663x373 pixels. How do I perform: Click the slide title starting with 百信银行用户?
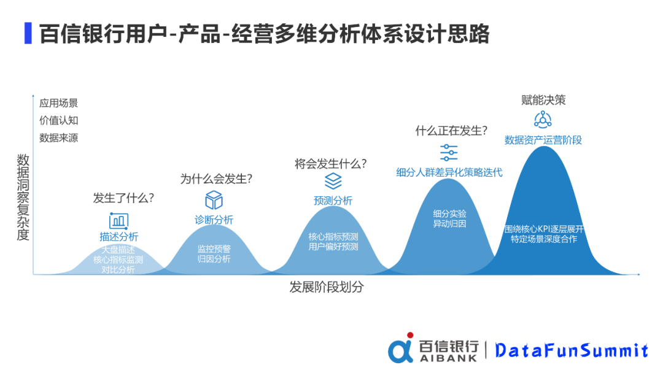264,34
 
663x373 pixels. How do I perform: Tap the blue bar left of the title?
28,34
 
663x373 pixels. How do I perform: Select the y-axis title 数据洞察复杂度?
23,197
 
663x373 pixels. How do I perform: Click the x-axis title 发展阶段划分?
326,287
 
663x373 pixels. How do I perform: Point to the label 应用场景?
59,103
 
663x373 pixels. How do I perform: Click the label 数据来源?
59,137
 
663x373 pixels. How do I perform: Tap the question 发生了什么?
123,198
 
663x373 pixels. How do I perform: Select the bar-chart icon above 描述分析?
118,220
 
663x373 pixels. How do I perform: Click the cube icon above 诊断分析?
214,200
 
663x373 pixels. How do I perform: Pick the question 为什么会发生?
216,179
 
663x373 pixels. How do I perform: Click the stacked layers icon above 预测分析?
333,181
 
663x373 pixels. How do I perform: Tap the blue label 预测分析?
333,201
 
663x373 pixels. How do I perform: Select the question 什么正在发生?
451,131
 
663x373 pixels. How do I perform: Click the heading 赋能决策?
543,100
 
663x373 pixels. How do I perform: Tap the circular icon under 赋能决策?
543,120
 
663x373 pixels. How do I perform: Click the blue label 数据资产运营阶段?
543,140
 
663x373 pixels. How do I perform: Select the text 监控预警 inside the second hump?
214,249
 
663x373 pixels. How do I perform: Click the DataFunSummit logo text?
572,350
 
